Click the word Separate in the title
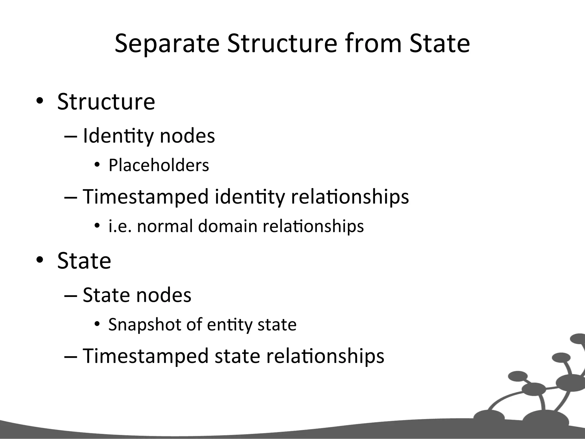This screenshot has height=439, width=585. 167,43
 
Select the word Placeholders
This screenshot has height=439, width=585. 159,165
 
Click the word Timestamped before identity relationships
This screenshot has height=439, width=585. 146,197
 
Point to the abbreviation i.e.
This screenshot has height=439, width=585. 120,226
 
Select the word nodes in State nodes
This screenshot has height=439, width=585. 164,295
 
